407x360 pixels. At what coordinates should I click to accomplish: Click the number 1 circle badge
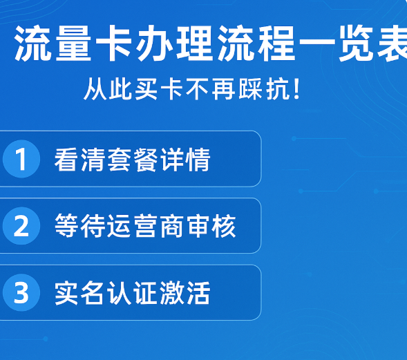pos(21,160)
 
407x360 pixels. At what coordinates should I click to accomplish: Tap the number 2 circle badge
pos(21,227)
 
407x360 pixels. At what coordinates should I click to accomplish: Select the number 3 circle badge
pos(21,294)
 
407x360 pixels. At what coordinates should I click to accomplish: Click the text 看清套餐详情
pos(132,160)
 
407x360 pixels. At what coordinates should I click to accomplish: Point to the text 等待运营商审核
pos(145,227)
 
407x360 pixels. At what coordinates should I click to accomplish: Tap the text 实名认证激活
pos(132,294)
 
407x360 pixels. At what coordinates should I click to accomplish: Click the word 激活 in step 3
pos(184,294)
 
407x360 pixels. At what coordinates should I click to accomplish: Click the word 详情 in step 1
pos(184,160)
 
